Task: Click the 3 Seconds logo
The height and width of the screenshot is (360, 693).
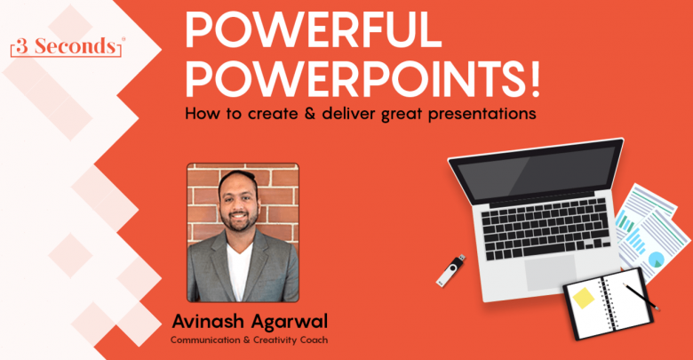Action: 67,47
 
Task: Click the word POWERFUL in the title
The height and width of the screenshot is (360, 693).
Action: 314,30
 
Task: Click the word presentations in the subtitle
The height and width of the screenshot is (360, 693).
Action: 482,114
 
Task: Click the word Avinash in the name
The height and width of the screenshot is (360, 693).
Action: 207,322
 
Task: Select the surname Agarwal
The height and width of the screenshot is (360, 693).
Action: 290,323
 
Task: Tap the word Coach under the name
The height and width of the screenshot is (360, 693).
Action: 314,340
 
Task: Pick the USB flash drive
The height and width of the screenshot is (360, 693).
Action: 450,270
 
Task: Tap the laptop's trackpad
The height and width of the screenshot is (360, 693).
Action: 551,272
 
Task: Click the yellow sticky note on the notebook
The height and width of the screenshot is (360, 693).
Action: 584,298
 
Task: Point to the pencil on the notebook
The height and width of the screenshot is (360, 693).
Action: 641,296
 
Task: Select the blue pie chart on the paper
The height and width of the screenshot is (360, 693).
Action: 656,260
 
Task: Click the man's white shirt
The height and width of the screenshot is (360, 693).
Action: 239,270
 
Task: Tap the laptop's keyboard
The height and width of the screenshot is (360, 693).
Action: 546,228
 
